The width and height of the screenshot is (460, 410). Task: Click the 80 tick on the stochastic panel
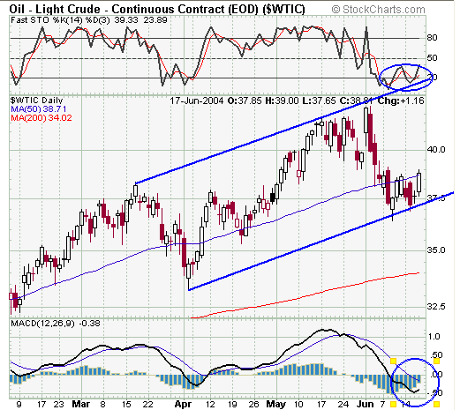[433, 39]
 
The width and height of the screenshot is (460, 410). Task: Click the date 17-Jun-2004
[200, 101]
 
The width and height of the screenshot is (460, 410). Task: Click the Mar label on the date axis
[79, 405]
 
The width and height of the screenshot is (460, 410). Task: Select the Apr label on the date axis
[184, 405]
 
